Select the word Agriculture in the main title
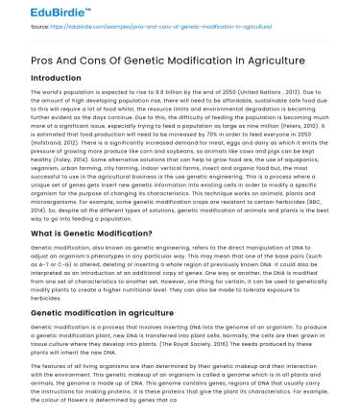coord(246,63)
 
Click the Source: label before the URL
coord(15,28)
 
